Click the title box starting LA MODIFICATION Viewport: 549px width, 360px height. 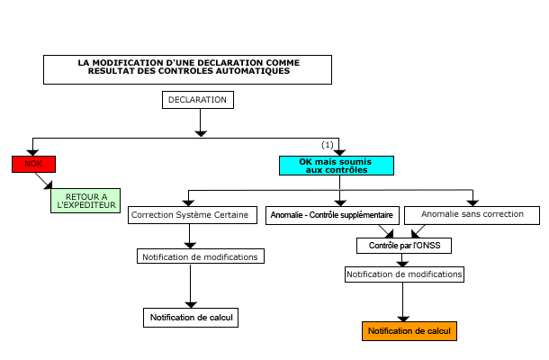pos(189,68)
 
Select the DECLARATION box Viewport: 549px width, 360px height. pos(197,99)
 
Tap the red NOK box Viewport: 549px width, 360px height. pos(33,164)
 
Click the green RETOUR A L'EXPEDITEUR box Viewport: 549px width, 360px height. pos(86,201)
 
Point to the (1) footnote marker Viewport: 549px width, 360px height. pos(328,144)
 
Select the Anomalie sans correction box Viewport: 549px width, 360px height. pos(472,216)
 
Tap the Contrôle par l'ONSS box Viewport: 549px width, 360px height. pos(404,245)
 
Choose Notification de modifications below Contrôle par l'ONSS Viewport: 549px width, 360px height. pos(404,274)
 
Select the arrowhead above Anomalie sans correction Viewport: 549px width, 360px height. pos(472,201)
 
